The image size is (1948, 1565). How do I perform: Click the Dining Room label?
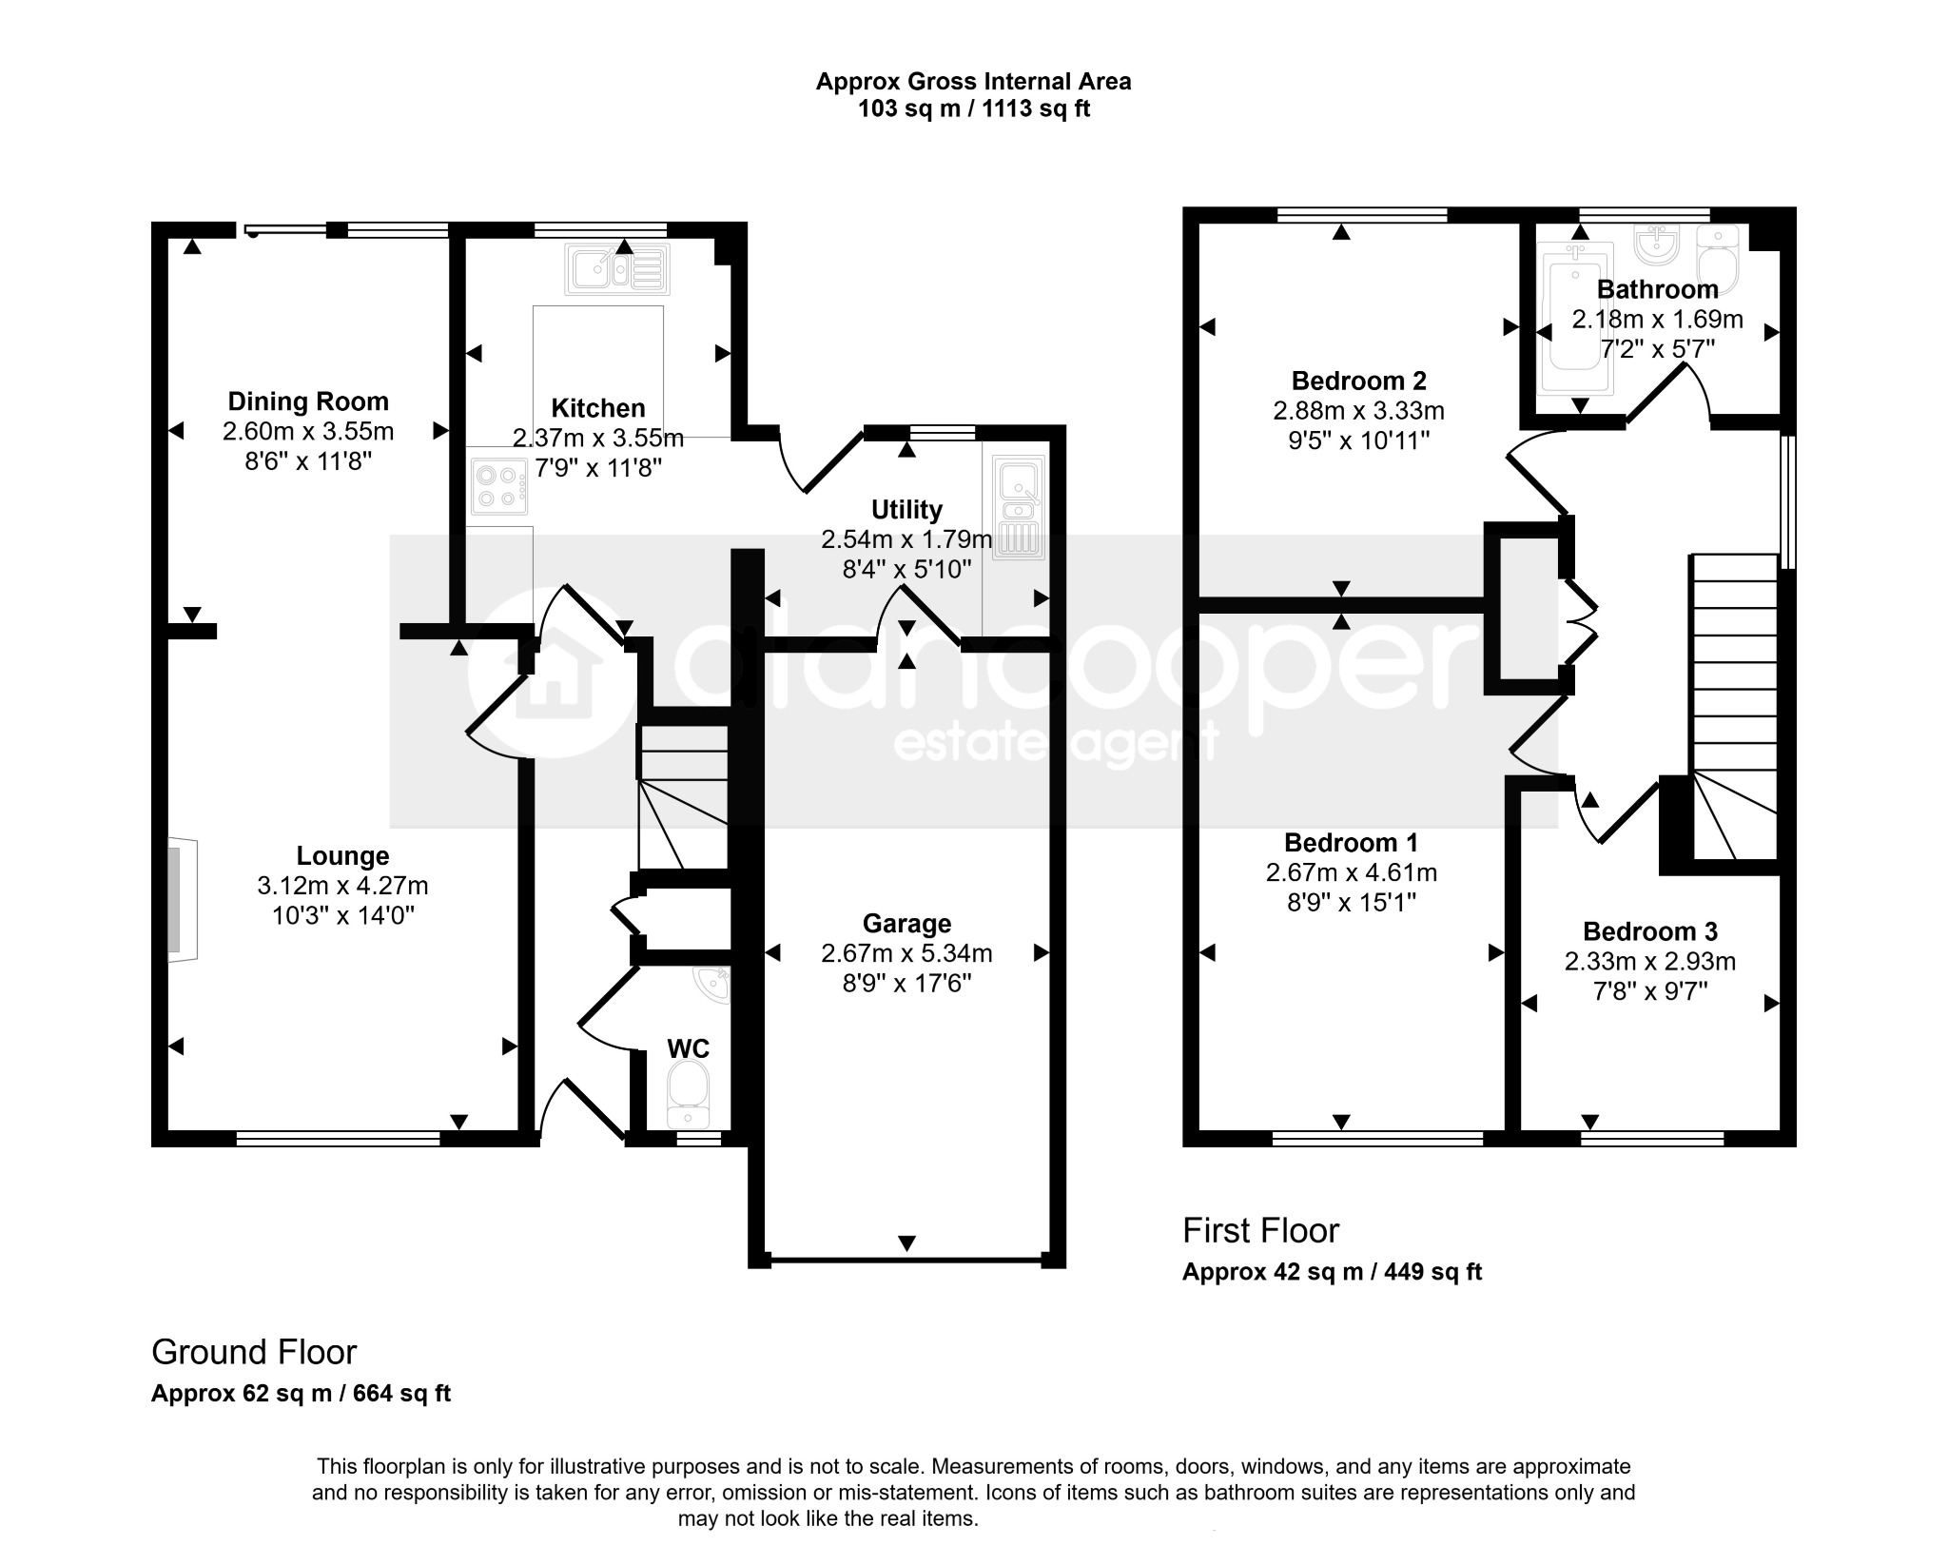[308, 401]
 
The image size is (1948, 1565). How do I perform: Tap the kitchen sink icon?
[618, 267]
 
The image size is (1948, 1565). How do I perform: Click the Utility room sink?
[1018, 505]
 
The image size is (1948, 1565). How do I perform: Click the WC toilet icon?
[688, 1094]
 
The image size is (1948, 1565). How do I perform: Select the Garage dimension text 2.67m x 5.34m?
[906, 953]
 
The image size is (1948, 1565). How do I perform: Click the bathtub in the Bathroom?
[1575, 318]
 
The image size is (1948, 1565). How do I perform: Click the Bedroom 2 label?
[1358, 381]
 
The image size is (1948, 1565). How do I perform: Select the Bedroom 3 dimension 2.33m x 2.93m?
[1650, 962]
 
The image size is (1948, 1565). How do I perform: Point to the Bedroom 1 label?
[1351, 842]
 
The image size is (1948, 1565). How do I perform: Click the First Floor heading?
[1260, 1230]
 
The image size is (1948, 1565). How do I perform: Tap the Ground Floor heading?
[254, 1352]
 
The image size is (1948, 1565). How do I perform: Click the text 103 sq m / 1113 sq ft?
[974, 109]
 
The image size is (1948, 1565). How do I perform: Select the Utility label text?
[906, 510]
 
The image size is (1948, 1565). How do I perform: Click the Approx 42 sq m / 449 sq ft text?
[1332, 1272]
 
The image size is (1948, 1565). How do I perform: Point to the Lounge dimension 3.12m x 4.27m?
[342, 886]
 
